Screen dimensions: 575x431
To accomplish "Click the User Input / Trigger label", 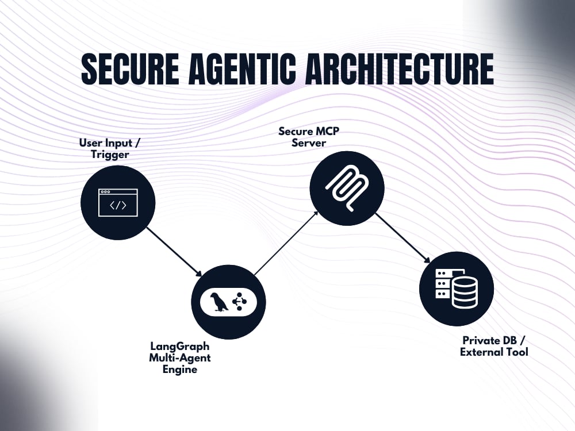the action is (110, 148).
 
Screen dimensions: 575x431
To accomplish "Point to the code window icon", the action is (118, 203).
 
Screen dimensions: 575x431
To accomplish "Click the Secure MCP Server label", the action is (309, 137).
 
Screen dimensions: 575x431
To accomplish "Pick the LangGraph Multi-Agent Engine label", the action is (179, 357).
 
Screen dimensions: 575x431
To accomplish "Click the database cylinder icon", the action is (465, 292).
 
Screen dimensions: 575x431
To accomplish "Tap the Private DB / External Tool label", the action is (494, 347).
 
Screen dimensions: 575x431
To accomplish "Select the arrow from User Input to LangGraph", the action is (175, 252).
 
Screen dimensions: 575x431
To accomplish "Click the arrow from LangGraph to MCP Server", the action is (286, 243).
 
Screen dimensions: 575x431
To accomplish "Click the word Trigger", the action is (110, 154).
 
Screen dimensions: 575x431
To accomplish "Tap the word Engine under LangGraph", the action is (179, 369).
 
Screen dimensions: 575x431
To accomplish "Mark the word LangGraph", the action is (180, 347).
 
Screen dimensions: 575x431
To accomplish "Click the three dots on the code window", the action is (105, 192).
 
